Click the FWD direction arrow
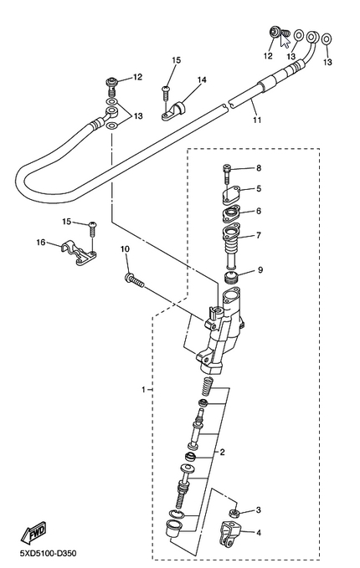(33, 533)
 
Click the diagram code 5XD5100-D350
(49, 554)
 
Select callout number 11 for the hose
(257, 120)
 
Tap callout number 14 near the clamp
(202, 79)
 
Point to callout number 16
(41, 242)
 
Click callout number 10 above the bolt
(125, 248)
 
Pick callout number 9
(260, 270)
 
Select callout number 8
(259, 168)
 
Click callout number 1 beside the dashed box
(143, 390)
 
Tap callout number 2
(222, 452)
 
